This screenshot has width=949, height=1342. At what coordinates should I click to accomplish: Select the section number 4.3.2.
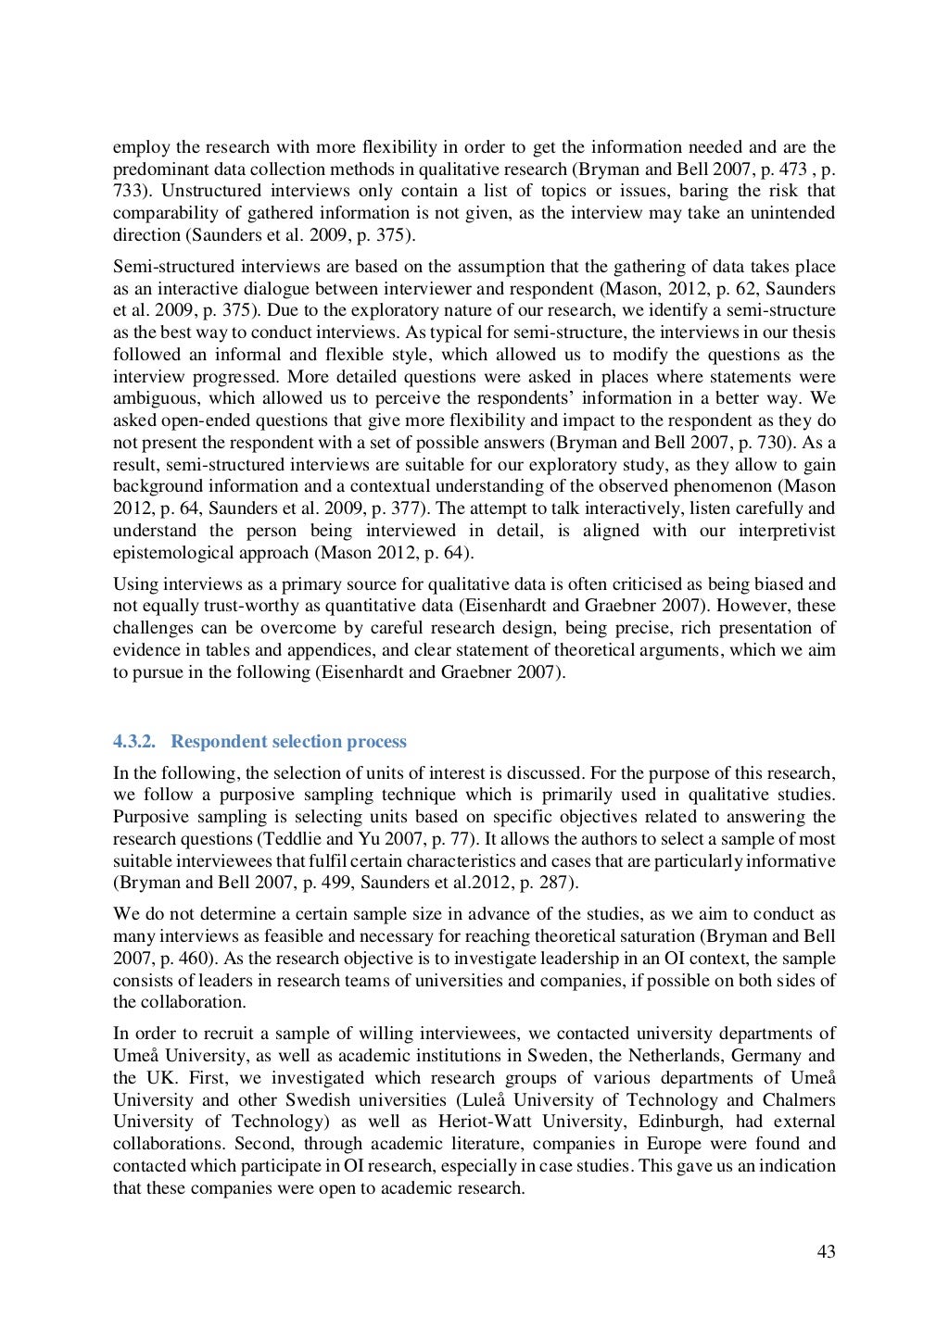(x=135, y=742)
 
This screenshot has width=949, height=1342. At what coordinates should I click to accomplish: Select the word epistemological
(x=172, y=553)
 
